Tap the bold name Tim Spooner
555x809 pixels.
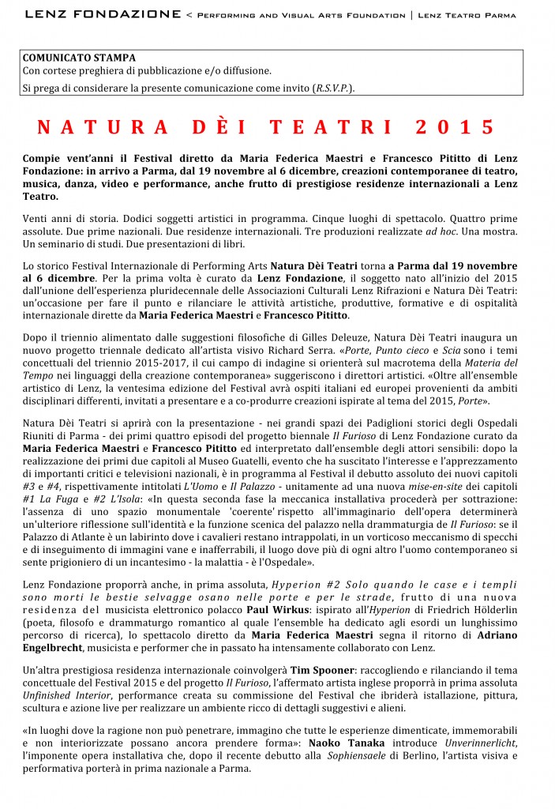317,668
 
